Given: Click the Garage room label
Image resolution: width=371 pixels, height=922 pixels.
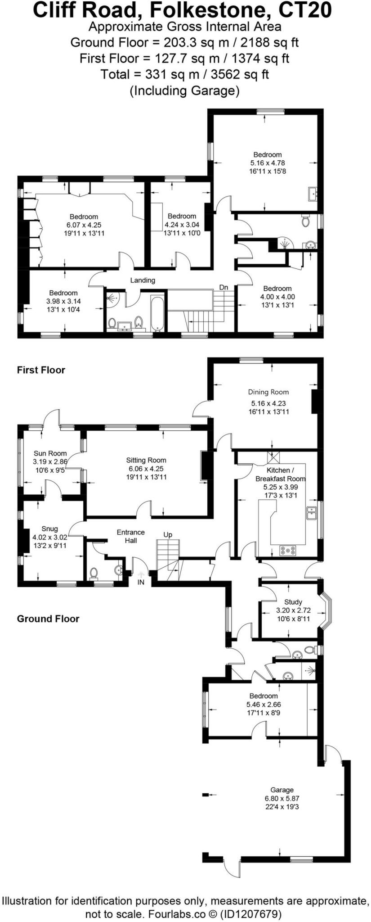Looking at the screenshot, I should tap(282, 790).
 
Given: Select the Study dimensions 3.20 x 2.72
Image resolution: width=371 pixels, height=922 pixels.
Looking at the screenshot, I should tap(293, 610).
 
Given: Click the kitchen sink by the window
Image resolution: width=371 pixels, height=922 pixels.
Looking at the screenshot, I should tap(311, 512).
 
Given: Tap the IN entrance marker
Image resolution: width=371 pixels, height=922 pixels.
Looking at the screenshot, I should tap(141, 582).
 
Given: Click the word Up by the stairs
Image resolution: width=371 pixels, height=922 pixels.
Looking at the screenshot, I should tap(167, 534).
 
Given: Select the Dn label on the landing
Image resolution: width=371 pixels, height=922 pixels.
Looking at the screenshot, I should tap(223, 287).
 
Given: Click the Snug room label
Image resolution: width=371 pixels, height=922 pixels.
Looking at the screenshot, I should tap(49, 529).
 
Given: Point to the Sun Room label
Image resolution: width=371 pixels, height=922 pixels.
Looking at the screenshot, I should tap(50, 453).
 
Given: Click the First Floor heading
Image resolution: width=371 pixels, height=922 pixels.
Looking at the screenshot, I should tap(41, 370).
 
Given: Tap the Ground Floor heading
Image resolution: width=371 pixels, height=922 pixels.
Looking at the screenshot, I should tap(48, 619).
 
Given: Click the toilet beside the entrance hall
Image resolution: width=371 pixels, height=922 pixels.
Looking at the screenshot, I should tap(94, 573).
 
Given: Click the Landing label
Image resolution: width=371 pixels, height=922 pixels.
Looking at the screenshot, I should tap(143, 280).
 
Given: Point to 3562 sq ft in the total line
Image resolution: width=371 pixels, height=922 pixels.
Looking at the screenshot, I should tap(242, 74).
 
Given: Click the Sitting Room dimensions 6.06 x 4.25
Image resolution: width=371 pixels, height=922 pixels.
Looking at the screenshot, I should tap(146, 468).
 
